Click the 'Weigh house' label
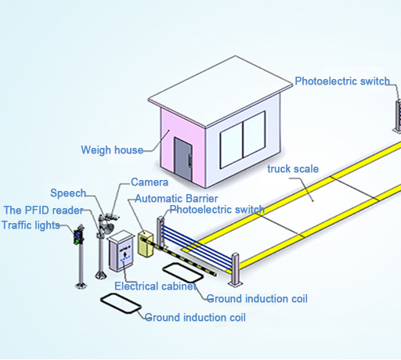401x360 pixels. click(112, 150)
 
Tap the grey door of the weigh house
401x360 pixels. click(183, 159)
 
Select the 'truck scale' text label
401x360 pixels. click(293, 169)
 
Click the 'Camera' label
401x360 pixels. click(150, 182)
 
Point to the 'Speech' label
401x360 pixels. click(68, 193)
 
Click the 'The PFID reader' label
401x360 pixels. click(43, 211)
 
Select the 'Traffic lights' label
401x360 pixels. click(31, 225)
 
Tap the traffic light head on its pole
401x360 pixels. click(78, 236)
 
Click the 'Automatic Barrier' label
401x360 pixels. click(176, 199)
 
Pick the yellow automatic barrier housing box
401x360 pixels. click(146, 243)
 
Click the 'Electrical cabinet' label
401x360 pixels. click(155, 286)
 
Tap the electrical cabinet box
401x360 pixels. click(121, 251)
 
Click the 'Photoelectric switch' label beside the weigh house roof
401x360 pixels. click(342, 81)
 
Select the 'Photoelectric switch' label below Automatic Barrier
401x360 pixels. click(217, 210)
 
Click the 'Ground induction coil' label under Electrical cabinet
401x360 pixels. click(257, 299)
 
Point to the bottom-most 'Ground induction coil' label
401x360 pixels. click(195, 318)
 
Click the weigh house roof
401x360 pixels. click(220, 91)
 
